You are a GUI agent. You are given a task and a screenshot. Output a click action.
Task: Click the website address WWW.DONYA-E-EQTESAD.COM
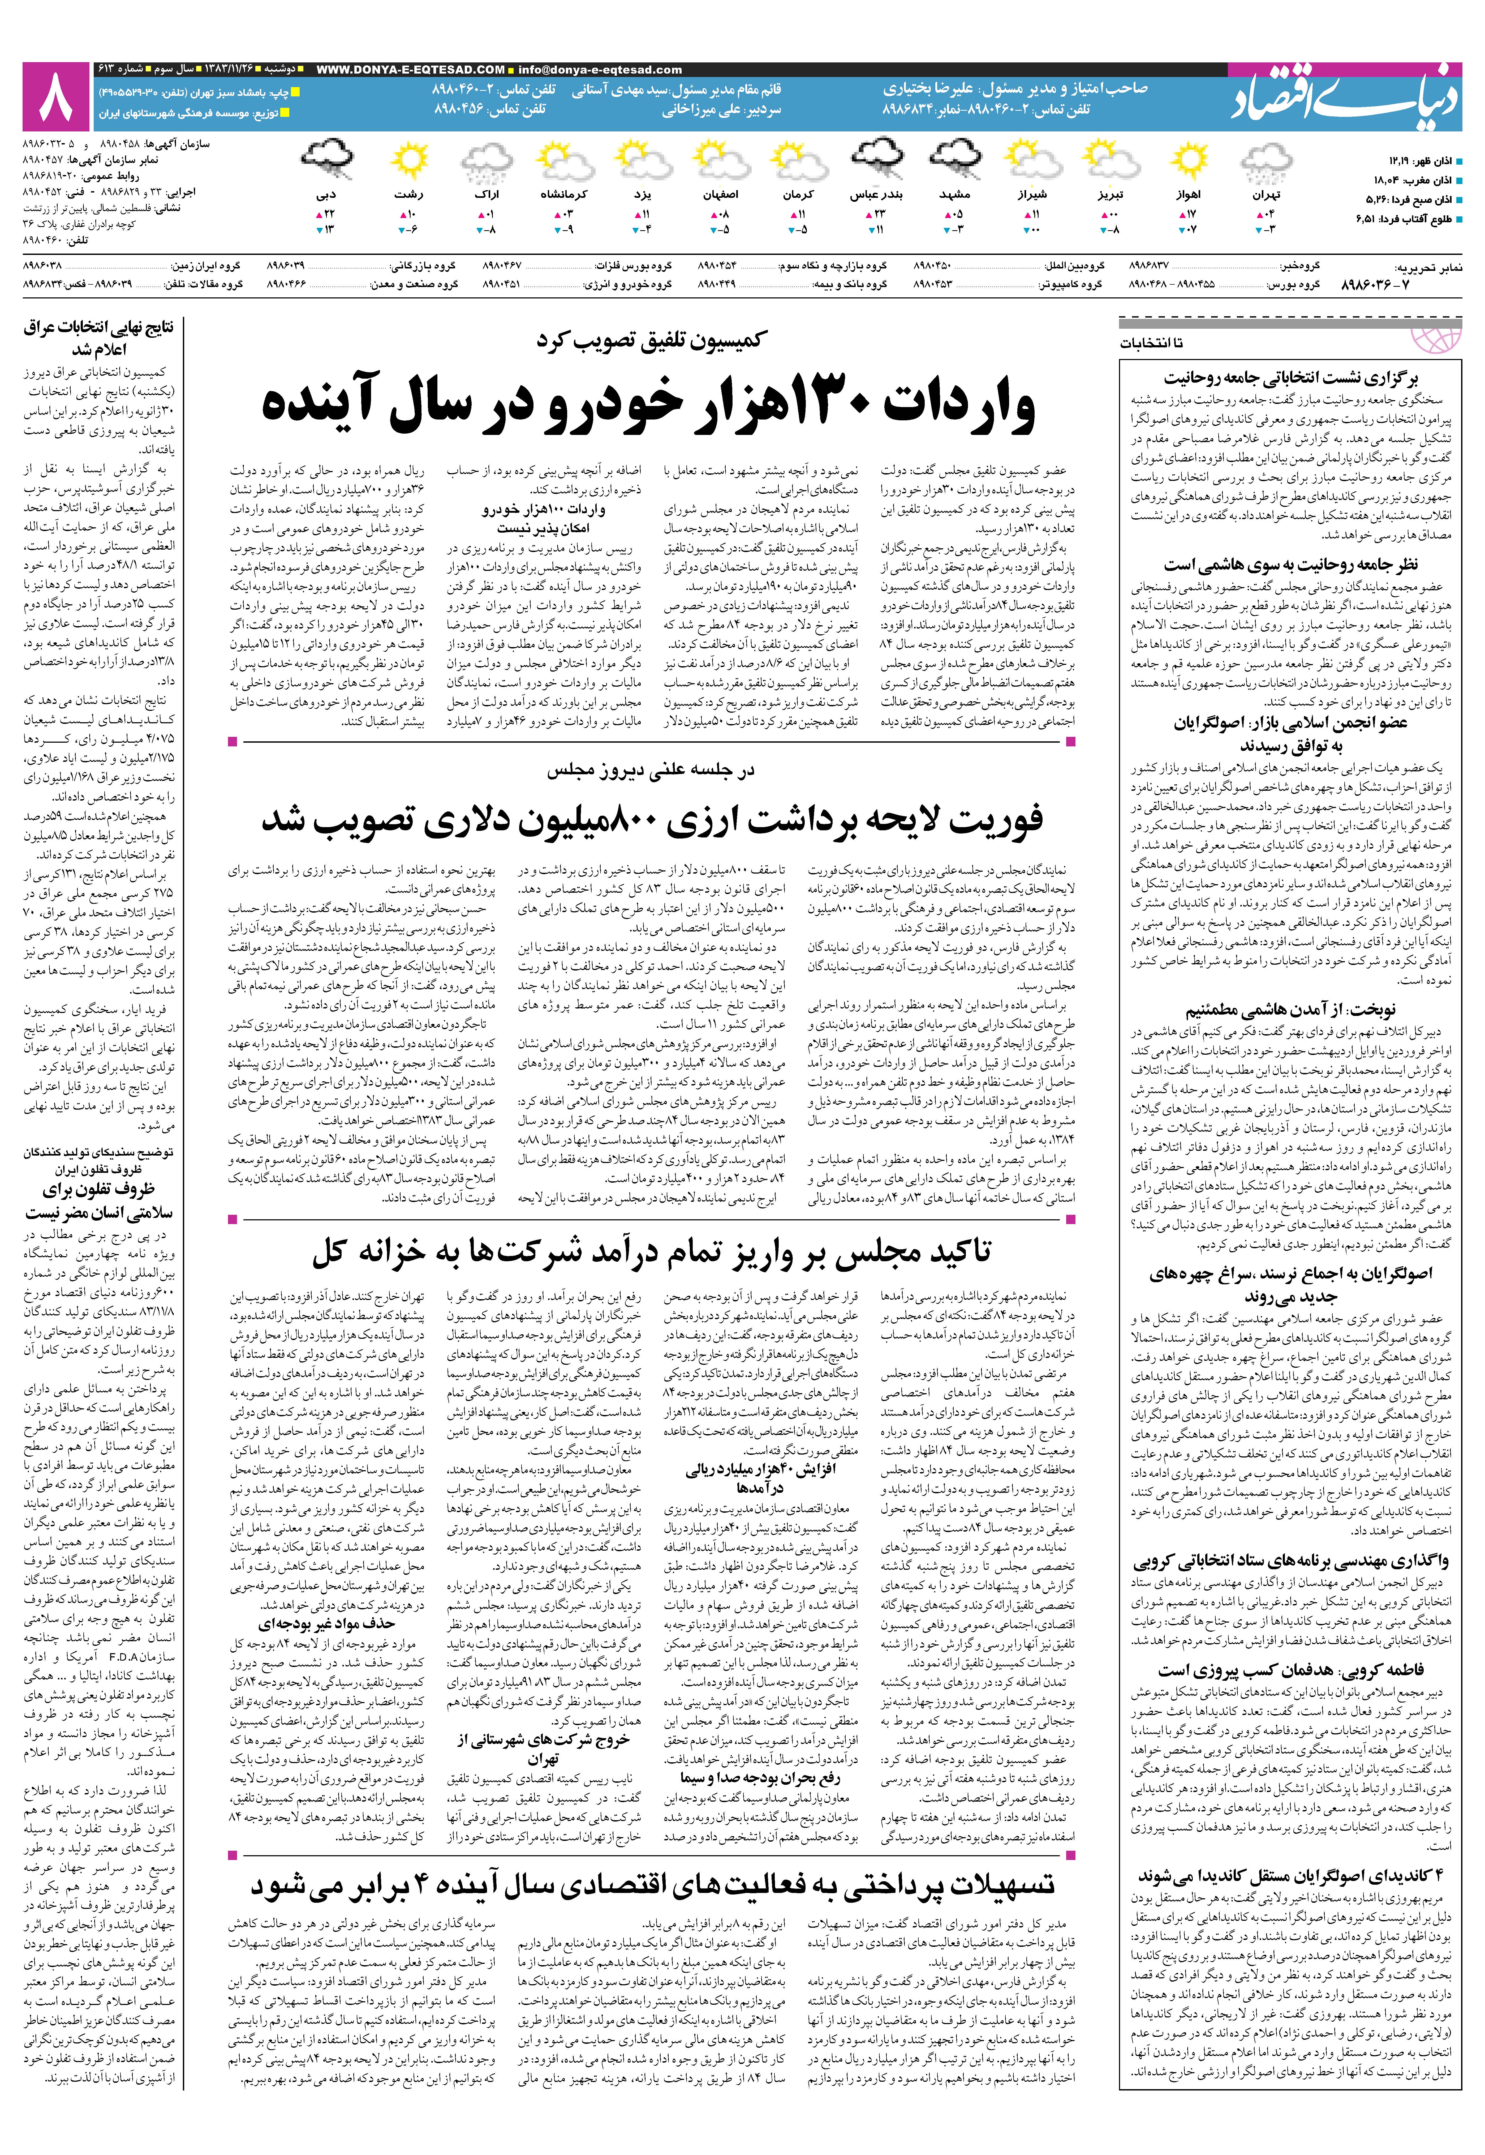(410, 70)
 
